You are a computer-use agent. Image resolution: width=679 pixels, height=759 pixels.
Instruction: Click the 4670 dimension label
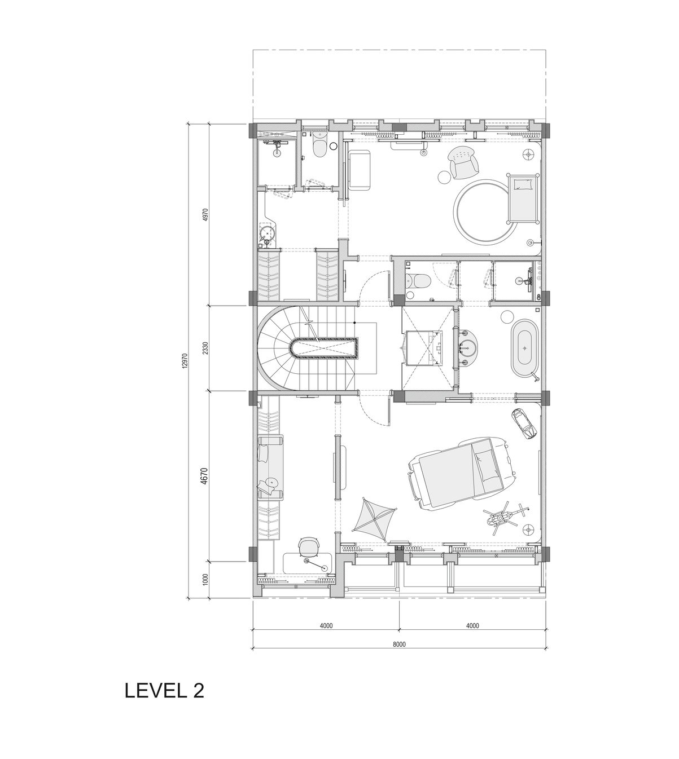205,476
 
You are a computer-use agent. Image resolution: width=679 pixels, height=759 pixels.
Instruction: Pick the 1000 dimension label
205,580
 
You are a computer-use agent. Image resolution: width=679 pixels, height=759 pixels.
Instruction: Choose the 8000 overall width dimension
399,644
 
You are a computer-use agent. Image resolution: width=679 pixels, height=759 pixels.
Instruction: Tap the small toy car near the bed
524,423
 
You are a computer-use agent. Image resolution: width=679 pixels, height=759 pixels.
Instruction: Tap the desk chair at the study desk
308,546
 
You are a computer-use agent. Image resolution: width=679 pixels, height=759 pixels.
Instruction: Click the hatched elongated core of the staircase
327,349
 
